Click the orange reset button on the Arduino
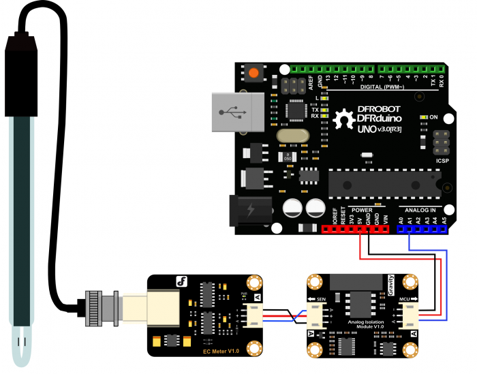255,72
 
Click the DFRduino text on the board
379,119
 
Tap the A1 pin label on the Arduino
410,220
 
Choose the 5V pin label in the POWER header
360,220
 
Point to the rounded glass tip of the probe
22,347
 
